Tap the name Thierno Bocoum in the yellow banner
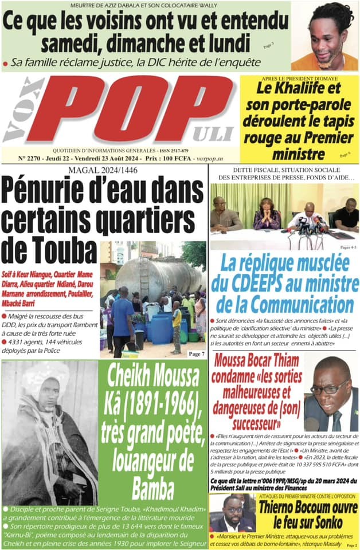[x=284, y=506]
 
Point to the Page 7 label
[x=196, y=354]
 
